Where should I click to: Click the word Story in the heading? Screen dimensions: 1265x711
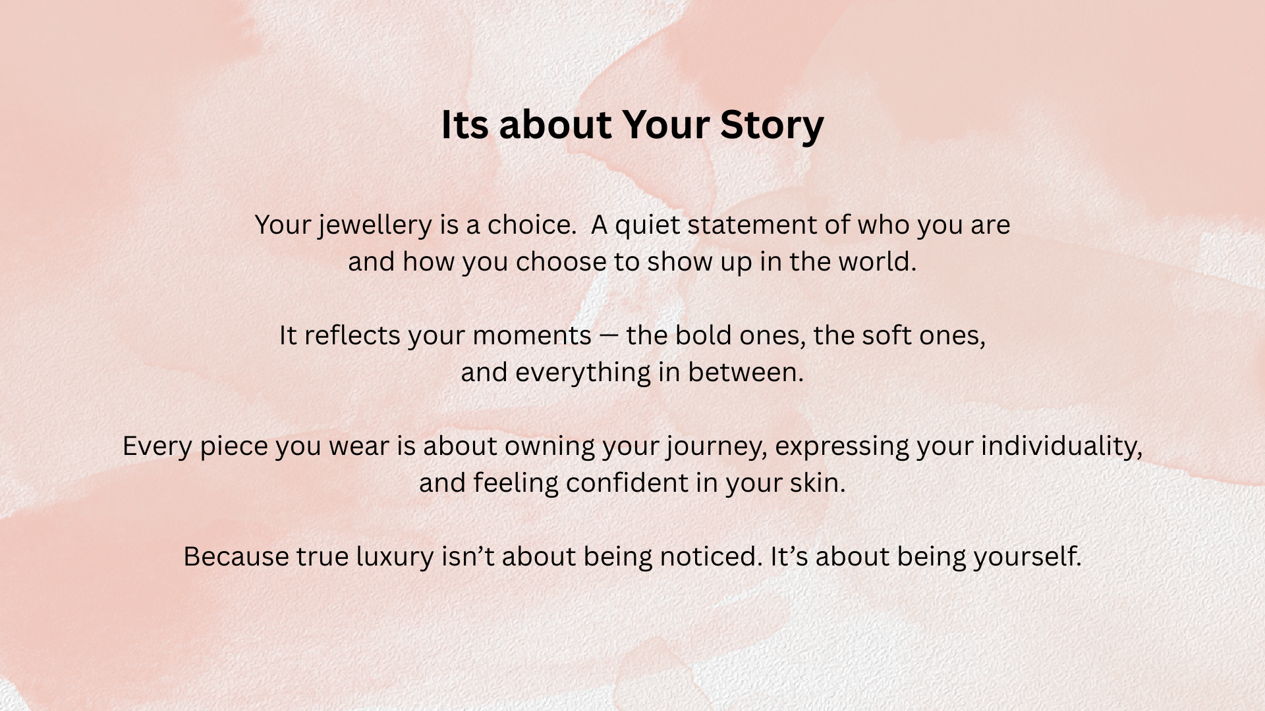(772, 125)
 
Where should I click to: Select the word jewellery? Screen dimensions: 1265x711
(375, 226)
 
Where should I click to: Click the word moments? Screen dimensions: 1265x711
(532, 336)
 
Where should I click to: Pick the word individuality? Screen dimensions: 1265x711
(1061, 447)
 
